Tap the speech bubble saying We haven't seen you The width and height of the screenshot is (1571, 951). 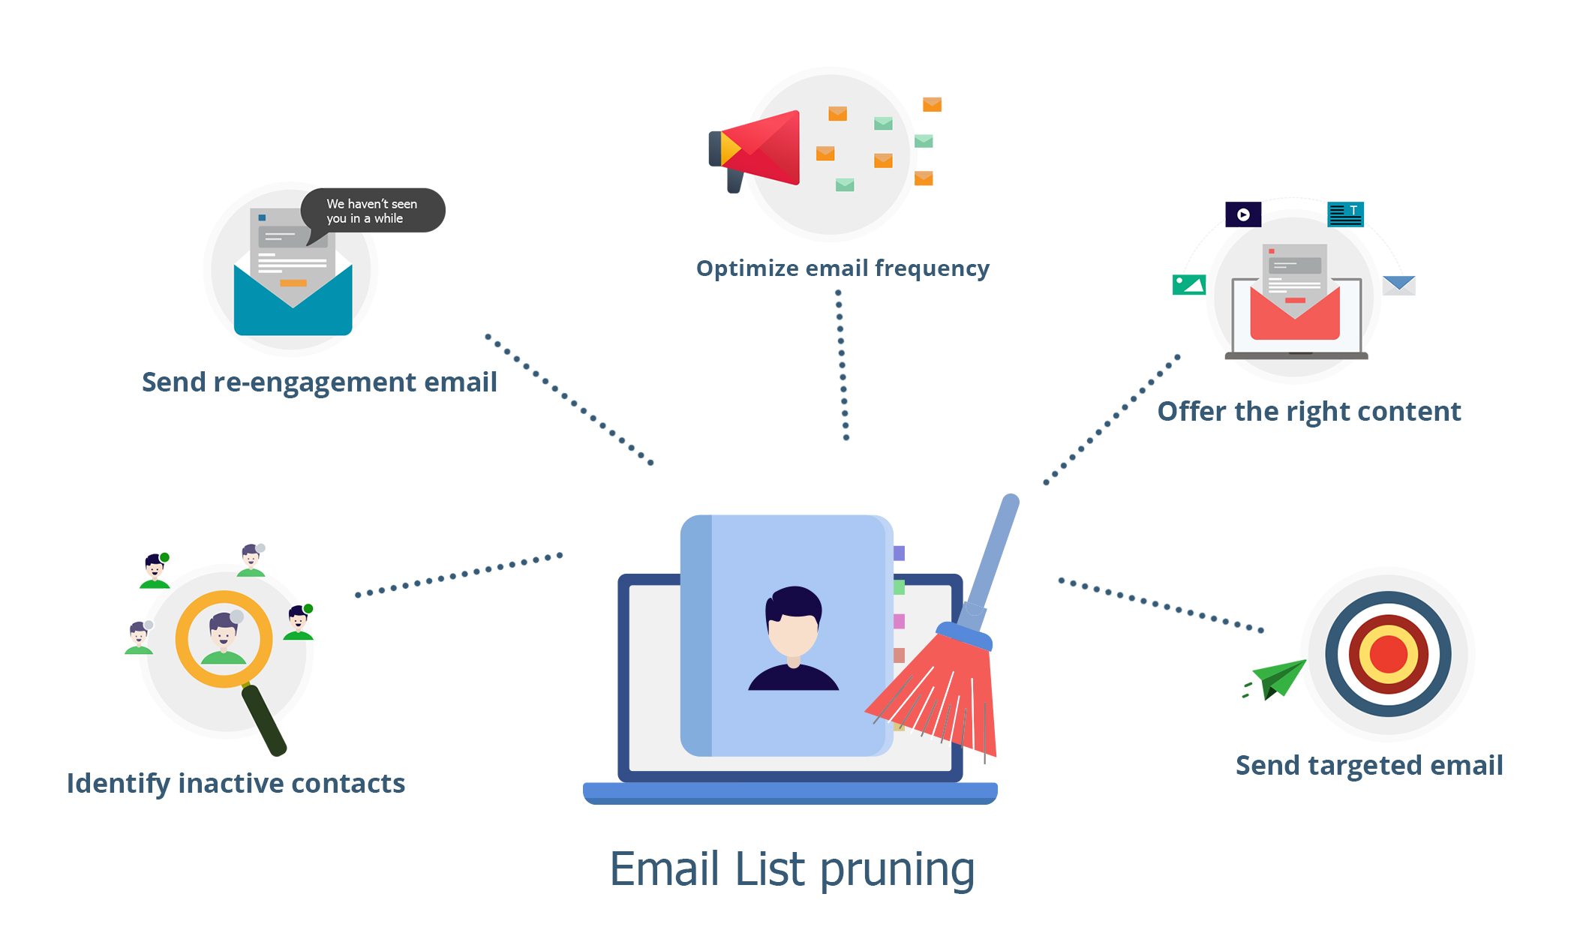pos(373,211)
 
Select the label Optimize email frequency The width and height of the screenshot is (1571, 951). pos(843,268)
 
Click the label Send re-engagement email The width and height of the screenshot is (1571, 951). pos(319,382)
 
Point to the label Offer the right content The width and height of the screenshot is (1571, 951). pos(1308,412)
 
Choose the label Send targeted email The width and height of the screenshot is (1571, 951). pos(1368,766)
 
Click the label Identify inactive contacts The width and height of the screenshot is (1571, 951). pos(236,784)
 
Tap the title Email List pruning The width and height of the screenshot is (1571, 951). pos(792,869)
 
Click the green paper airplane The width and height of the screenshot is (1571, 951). pos(1280,678)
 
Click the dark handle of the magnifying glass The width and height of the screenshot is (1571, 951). pos(264,720)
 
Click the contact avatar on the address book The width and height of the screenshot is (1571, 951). pos(794,637)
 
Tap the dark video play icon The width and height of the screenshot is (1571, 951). pos(1243,214)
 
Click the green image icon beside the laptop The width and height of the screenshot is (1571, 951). pos(1188,285)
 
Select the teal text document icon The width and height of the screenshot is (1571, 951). pos(1345,214)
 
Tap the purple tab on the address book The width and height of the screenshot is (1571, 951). pos(899,553)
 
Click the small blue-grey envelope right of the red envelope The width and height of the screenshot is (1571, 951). pos(1398,285)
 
